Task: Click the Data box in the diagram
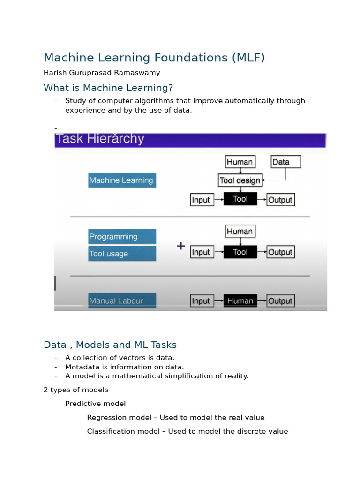[x=285, y=162]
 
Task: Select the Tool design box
[x=240, y=180]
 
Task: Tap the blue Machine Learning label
[x=122, y=180]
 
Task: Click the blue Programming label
[x=122, y=237]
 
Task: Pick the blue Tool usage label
[x=122, y=254]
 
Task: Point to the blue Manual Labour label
[x=122, y=301]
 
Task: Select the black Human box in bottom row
[x=240, y=301]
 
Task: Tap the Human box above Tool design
[x=240, y=162]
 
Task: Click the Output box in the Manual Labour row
[x=280, y=301]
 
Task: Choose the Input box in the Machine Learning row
[x=201, y=200]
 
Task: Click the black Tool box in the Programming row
[x=240, y=252]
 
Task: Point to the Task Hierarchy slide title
[x=100, y=139]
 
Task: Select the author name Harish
[x=55, y=73]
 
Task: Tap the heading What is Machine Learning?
[x=108, y=88]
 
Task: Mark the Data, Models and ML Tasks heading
[x=110, y=345]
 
